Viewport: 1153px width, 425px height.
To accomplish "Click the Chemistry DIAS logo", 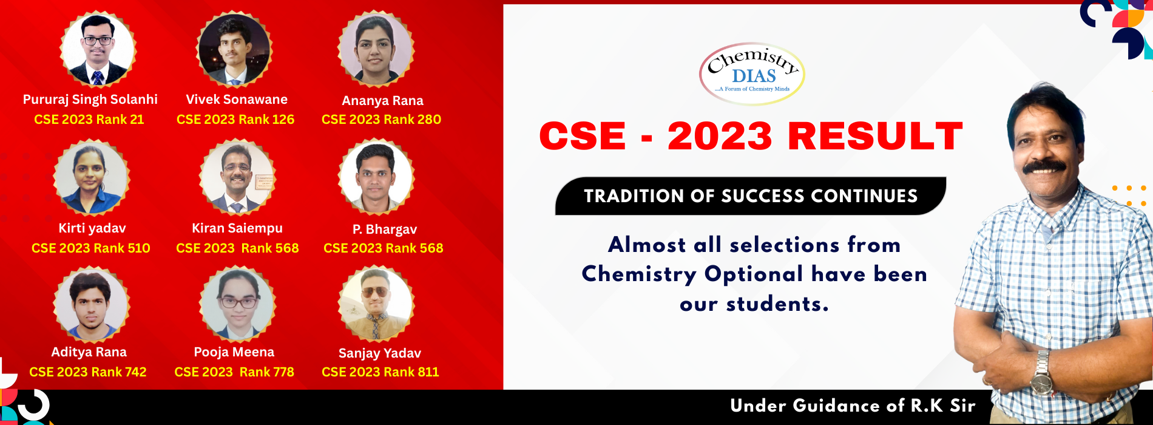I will pos(752,73).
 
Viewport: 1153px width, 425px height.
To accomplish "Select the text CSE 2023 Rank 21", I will pos(89,120).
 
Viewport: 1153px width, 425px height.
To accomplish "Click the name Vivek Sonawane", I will pos(237,100).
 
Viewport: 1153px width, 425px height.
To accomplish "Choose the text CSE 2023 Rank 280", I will pos(381,120).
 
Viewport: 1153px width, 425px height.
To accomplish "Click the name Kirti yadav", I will pos(92,228).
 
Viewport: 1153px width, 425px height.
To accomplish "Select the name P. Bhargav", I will pos(385,229).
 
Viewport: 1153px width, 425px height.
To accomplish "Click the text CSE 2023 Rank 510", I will pos(91,248).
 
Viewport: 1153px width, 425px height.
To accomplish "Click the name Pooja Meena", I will pos(234,352).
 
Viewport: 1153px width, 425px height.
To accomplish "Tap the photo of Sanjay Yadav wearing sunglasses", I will pos(376,304).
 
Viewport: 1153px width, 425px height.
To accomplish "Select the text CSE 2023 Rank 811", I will pos(380,372).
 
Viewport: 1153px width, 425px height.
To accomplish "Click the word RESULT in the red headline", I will pos(875,136).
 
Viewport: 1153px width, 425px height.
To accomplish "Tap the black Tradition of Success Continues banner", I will pos(751,196).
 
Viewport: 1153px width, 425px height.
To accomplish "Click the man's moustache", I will pos(1044,166).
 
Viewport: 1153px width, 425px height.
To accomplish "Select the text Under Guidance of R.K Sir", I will pos(853,406).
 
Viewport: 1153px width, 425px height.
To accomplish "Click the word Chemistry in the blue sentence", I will pos(638,274).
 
